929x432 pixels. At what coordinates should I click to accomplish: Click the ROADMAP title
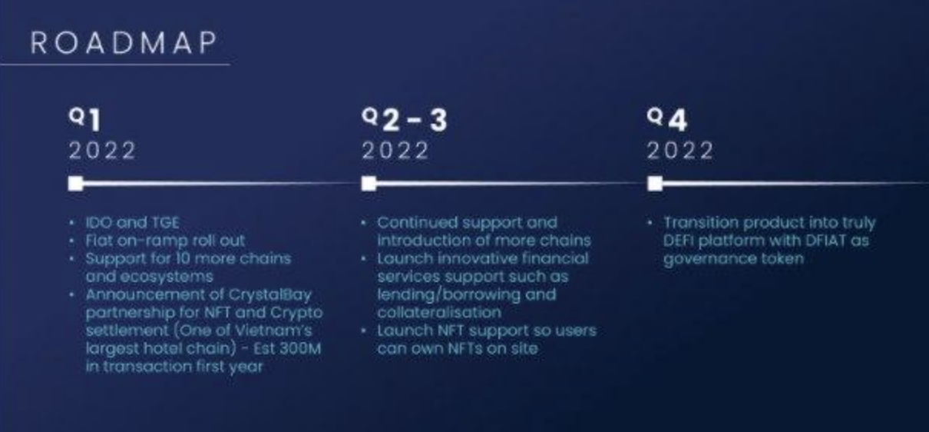[123, 43]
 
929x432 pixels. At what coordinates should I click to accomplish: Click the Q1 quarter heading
[84, 120]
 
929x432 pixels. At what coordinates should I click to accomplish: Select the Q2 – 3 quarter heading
[404, 120]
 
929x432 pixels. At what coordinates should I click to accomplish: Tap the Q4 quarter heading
[667, 120]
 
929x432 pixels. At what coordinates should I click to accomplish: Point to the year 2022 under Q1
[101, 151]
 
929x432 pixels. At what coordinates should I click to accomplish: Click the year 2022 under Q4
[679, 151]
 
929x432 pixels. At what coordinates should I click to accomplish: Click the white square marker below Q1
[75, 184]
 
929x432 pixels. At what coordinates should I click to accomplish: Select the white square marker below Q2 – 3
[369, 184]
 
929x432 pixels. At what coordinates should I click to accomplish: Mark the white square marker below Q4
[655, 184]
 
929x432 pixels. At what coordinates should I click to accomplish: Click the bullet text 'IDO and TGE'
[132, 223]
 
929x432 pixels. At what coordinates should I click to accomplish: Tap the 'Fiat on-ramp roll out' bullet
[165, 241]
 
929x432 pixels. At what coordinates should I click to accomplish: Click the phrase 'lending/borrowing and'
[466, 295]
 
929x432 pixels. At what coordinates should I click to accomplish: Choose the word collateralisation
[438, 313]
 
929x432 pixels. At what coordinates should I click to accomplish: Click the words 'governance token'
[733, 259]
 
